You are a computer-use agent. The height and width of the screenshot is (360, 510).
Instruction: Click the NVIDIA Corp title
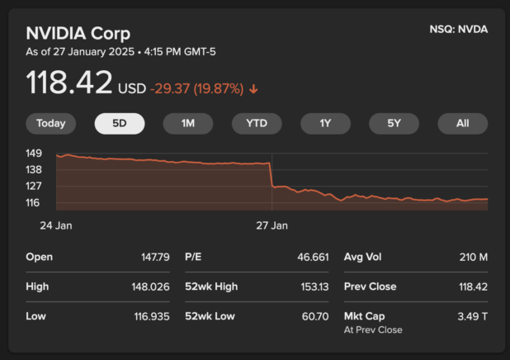click(x=78, y=34)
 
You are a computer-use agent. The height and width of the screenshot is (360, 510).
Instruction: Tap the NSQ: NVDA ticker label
click(x=458, y=30)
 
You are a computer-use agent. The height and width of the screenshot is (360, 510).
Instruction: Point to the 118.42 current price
click(x=69, y=83)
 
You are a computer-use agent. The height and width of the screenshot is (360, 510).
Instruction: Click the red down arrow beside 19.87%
click(x=253, y=88)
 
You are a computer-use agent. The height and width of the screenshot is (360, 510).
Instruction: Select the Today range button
click(x=50, y=124)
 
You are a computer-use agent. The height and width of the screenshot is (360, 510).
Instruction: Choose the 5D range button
click(x=120, y=124)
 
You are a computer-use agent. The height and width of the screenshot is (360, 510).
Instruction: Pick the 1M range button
click(x=188, y=124)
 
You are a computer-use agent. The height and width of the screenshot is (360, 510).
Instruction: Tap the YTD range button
click(x=257, y=124)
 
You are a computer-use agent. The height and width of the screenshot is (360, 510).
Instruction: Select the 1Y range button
click(x=325, y=124)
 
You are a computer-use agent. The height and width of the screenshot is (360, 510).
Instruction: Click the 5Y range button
click(x=394, y=124)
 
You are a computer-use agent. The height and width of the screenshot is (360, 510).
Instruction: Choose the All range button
click(x=462, y=124)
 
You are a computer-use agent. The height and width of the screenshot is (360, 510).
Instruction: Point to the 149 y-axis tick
click(x=34, y=154)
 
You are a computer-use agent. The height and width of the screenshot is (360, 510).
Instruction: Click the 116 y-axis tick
click(x=34, y=202)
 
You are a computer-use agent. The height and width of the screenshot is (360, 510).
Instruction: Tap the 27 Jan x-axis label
click(x=272, y=225)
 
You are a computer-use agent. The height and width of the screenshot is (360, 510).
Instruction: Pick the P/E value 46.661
click(x=313, y=257)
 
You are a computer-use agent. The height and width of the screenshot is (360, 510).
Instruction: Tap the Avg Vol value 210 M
click(x=473, y=257)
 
